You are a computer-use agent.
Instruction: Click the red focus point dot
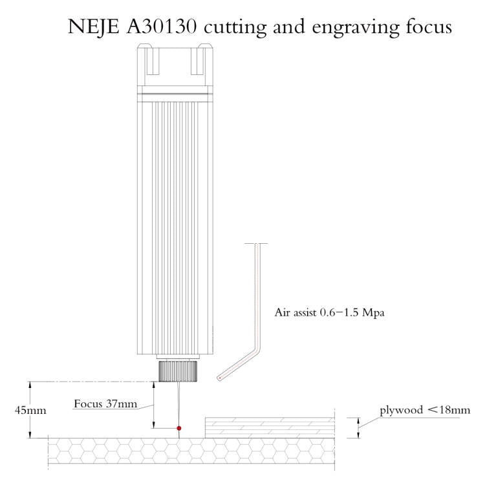coord(179,428)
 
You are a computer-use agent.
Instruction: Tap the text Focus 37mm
coord(105,404)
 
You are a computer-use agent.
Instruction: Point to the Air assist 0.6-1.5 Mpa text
coord(330,312)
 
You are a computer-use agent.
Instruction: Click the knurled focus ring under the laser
coord(178,371)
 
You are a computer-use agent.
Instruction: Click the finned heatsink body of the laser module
coord(177,226)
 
